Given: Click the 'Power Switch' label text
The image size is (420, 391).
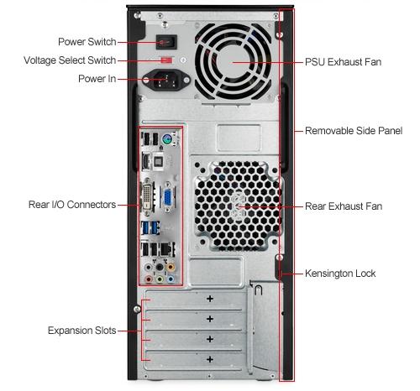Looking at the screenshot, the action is point(87,42).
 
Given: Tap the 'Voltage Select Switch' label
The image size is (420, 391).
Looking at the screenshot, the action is point(70,60).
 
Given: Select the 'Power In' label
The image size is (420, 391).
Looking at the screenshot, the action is point(97,79).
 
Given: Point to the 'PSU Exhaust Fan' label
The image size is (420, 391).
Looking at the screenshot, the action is point(343,62).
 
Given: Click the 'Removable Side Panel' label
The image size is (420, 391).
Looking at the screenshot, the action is point(354,131).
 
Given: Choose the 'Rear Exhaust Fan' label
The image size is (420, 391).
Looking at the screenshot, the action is point(344,206).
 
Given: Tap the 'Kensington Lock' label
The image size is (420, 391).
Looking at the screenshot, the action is point(340,274).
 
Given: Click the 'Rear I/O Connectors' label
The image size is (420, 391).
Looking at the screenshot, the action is point(72,205).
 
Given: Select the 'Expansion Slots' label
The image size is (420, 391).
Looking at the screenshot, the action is point(81,331).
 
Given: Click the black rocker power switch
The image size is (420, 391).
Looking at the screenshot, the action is point(166,42).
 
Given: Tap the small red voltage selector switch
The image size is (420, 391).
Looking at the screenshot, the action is point(167,60).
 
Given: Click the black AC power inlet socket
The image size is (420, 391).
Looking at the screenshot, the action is point(165,80).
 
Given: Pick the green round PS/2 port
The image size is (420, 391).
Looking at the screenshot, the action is point(167,138).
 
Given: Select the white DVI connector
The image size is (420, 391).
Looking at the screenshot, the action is point(147,195).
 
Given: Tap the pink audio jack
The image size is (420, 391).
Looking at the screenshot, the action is point(149,279).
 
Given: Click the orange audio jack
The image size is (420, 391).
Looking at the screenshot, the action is point(171,267).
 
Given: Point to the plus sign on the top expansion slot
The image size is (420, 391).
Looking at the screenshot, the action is point(210,299).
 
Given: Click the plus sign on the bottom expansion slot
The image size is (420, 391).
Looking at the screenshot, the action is point(210,359).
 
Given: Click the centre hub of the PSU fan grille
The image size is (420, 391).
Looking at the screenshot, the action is point(233,62).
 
